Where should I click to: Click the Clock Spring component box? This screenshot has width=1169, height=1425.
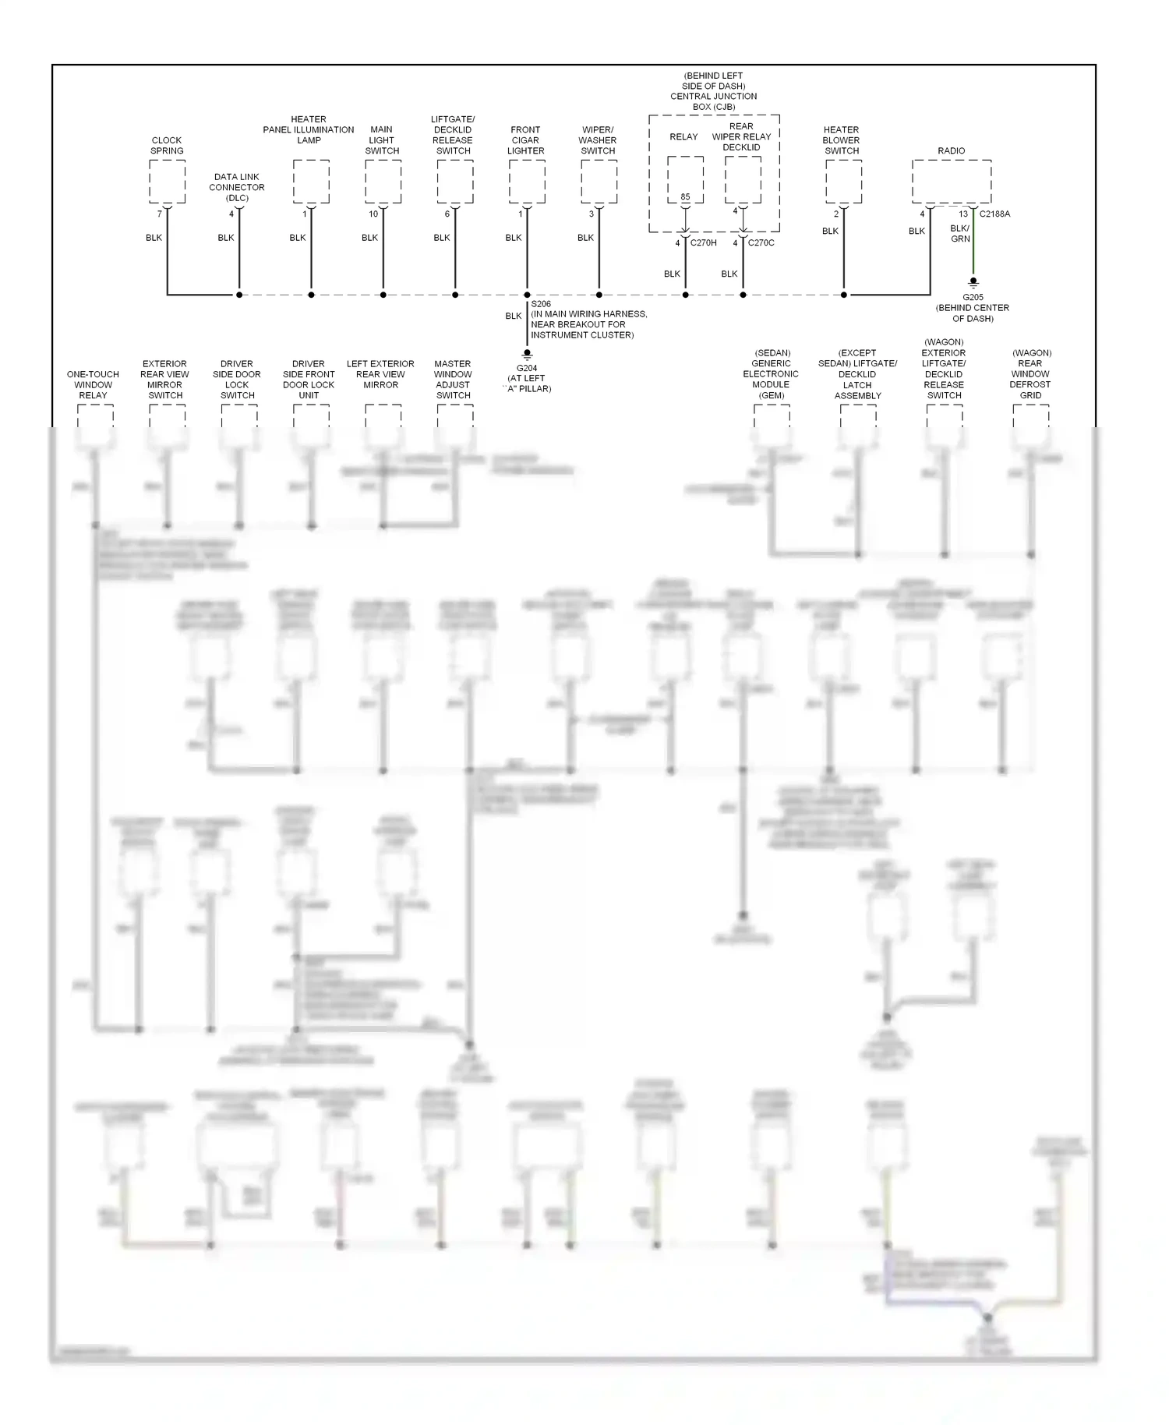pos(167,182)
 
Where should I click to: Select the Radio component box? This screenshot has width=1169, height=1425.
pos(952,182)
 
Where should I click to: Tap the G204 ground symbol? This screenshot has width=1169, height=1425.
pos(527,355)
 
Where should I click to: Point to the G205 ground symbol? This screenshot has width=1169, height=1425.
pos(973,284)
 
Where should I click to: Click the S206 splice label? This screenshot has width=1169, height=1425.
pos(541,304)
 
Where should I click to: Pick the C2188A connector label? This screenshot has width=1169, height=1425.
pos(994,214)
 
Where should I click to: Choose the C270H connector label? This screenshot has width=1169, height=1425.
pos(704,243)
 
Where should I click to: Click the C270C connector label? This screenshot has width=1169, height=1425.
pos(761,243)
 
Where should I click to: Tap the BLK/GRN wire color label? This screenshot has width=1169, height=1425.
pos(960,234)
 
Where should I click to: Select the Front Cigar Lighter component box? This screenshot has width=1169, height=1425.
pos(527,182)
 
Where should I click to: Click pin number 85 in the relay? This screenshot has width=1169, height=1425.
pos(685,197)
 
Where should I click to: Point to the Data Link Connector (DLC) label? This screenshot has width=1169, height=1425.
pos(237,188)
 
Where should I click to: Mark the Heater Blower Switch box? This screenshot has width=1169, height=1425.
pos(843,182)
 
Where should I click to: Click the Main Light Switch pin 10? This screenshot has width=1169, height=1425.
pos(373,214)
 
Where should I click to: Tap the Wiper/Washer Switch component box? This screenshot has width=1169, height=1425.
pos(599,182)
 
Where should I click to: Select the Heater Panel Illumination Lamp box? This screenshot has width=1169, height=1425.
pos(311,182)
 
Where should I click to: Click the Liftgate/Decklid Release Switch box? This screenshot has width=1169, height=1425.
pos(455,182)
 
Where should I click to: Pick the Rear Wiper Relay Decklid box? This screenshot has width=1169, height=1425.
pos(743,179)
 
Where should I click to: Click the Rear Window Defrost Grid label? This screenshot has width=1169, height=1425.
pos(1030,374)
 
